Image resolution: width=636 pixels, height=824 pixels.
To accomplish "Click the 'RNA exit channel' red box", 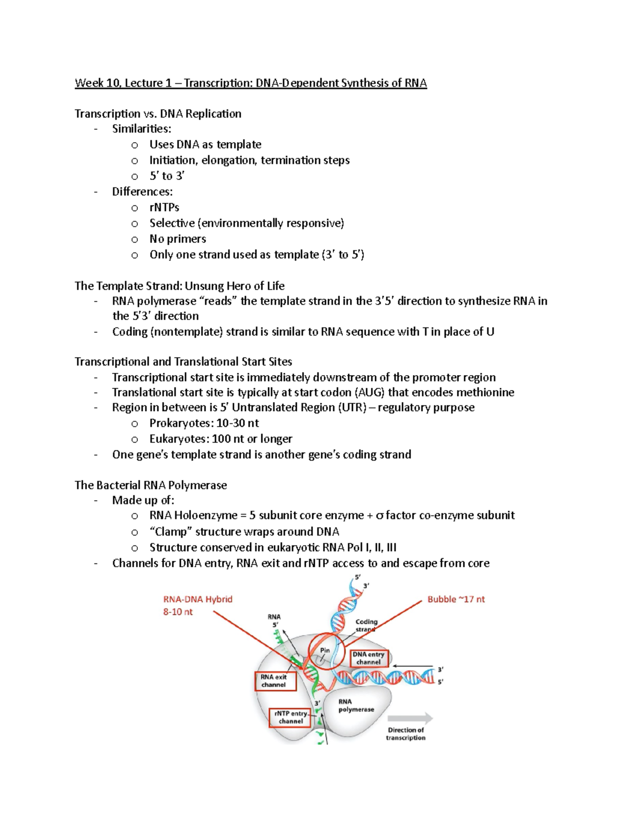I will coord(273,681).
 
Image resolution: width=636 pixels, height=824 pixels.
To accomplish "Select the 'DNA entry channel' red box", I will coord(369,658).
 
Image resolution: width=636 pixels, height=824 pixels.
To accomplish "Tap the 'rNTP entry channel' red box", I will coord(290,717).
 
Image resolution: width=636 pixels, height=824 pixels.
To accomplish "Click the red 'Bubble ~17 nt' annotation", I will coord(456,599).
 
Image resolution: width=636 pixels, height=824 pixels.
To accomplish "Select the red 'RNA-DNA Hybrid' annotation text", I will coord(198,599).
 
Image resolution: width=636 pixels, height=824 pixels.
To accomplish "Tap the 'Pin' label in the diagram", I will coord(325,650).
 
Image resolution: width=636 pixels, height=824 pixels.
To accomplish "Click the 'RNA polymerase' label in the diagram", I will coord(356,705).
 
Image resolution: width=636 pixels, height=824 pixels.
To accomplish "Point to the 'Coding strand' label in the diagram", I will coord(366,625).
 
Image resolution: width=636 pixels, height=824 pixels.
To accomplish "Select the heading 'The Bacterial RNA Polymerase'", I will coord(151,485).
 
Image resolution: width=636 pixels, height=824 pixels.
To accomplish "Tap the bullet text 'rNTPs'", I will coord(164,207).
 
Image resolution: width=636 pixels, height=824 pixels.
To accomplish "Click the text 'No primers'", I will coord(178,239).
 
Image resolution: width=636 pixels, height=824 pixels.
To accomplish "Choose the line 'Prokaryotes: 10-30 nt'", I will coord(204,423).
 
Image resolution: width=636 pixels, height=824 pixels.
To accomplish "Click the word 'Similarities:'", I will coord(142,128).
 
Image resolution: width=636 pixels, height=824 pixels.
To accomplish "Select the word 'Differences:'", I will coord(142,192).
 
